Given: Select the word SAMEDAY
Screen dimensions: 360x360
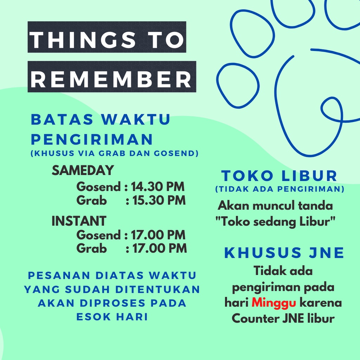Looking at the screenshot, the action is click(x=83, y=170).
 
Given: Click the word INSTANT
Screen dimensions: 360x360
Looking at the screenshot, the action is click(x=79, y=221).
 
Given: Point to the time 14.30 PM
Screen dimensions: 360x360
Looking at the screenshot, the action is click(x=158, y=186).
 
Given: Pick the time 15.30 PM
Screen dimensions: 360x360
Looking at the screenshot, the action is click(x=159, y=200).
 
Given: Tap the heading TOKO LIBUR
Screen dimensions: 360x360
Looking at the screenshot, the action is click(x=279, y=176).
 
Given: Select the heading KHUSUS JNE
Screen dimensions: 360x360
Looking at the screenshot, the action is click(x=284, y=253).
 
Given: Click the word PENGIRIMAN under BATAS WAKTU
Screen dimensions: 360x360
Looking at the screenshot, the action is click(x=92, y=139).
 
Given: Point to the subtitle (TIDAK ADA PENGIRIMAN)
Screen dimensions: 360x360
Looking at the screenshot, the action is click(x=280, y=189).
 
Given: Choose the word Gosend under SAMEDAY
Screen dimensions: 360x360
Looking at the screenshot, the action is click(x=98, y=186).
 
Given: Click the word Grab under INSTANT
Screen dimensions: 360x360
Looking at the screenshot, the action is click(x=92, y=249).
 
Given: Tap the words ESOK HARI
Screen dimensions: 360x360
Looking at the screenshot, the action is click(x=112, y=317).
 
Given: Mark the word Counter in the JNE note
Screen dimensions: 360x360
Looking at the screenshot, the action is click(x=255, y=319).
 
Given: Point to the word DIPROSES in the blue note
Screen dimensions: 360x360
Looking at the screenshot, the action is click(x=112, y=303).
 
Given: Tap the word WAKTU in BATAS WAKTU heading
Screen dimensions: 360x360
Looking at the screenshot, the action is click(x=136, y=120).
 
